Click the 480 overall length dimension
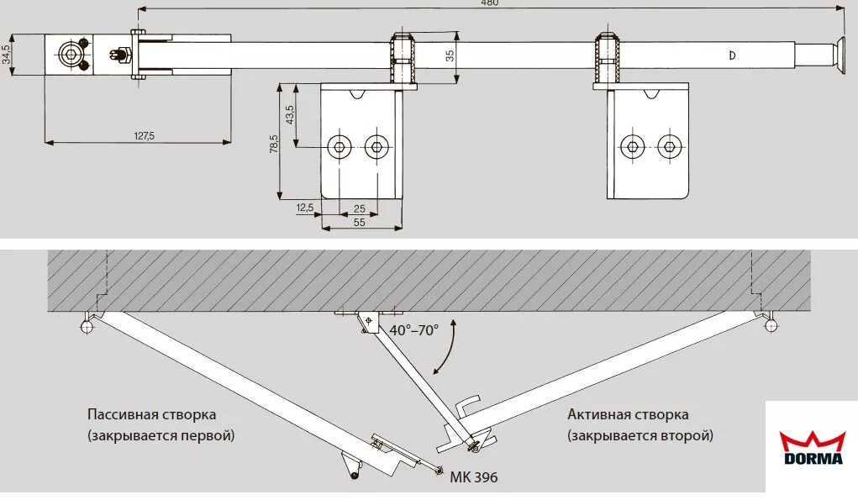tap(489, 3)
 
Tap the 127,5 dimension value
tap(145, 135)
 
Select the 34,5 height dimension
tap(8, 55)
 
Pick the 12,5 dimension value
tap(305, 207)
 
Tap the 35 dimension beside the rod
tap(450, 55)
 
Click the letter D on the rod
tap(732, 55)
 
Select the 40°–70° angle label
tap(413, 330)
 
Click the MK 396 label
tap(473, 477)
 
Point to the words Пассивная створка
tap(151, 415)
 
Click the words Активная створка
tap(628, 415)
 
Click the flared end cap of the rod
tap(839, 56)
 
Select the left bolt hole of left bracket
tap(340, 147)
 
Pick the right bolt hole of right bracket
tap(668, 146)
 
